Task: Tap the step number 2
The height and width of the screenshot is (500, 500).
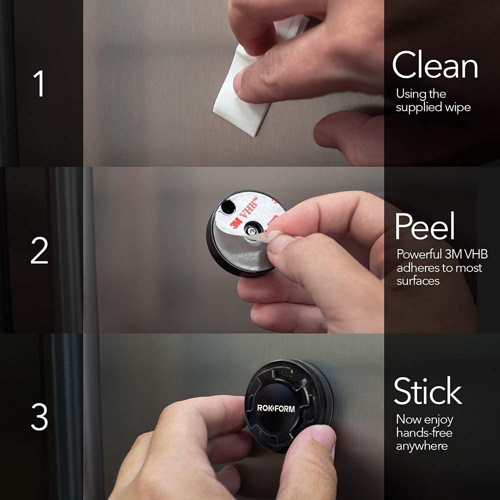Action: (x=39, y=251)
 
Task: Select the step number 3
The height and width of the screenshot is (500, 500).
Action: (x=39, y=417)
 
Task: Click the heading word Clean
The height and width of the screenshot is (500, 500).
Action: (x=434, y=66)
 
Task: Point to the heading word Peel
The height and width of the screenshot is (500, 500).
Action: (x=424, y=227)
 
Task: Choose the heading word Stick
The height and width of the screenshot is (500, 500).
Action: (x=427, y=391)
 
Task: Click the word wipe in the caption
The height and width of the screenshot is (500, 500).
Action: (x=456, y=107)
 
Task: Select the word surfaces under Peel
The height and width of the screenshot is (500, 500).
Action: (x=418, y=281)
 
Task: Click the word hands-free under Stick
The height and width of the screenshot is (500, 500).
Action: (x=424, y=432)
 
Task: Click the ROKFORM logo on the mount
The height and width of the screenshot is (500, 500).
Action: (x=276, y=408)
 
